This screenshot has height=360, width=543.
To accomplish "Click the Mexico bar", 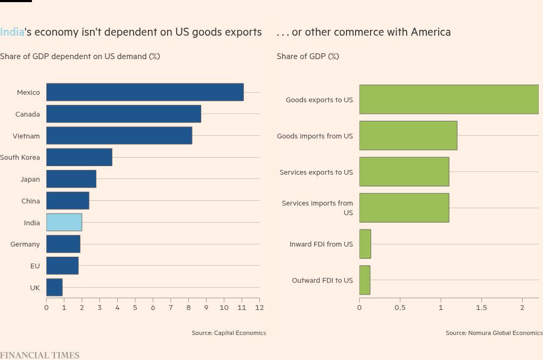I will pyautogui.click(x=145, y=92).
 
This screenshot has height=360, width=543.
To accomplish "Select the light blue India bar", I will pyautogui.click(x=64, y=223).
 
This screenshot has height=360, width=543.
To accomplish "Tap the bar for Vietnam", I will pyautogui.click(x=119, y=136).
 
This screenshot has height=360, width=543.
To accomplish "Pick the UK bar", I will pyautogui.click(x=54, y=288).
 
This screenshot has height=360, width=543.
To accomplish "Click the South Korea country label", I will pyautogui.click(x=20, y=158).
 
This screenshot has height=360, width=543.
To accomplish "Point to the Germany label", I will pyautogui.click(x=25, y=244).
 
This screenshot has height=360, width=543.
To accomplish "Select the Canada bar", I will pyautogui.click(x=124, y=114).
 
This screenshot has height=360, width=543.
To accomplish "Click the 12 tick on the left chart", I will pyautogui.click(x=259, y=307).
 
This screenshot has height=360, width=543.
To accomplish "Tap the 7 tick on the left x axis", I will pyautogui.click(x=170, y=307).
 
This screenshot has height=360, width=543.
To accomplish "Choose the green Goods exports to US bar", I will pyautogui.click(x=449, y=100).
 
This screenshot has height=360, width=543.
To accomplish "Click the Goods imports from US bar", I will pyautogui.click(x=408, y=136).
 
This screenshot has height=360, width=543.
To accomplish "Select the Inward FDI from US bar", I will pyautogui.click(x=365, y=244).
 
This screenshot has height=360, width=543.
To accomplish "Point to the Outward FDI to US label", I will pyautogui.click(x=322, y=281).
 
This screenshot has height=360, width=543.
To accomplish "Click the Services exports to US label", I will pyautogui.click(x=316, y=173).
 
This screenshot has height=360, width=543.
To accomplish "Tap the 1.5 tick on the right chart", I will pyautogui.click(x=481, y=308).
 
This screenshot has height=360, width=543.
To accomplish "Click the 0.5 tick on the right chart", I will pyautogui.click(x=400, y=308).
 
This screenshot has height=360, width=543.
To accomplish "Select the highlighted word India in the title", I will pyautogui.click(x=12, y=32).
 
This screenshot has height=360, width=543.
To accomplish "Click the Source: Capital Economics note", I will pyautogui.click(x=228, y=333).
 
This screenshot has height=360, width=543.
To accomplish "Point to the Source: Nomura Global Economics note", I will pyautogui.click(x=494, y=333).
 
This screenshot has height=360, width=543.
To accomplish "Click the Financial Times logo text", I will pyautogui.click(x=39, y=355).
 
